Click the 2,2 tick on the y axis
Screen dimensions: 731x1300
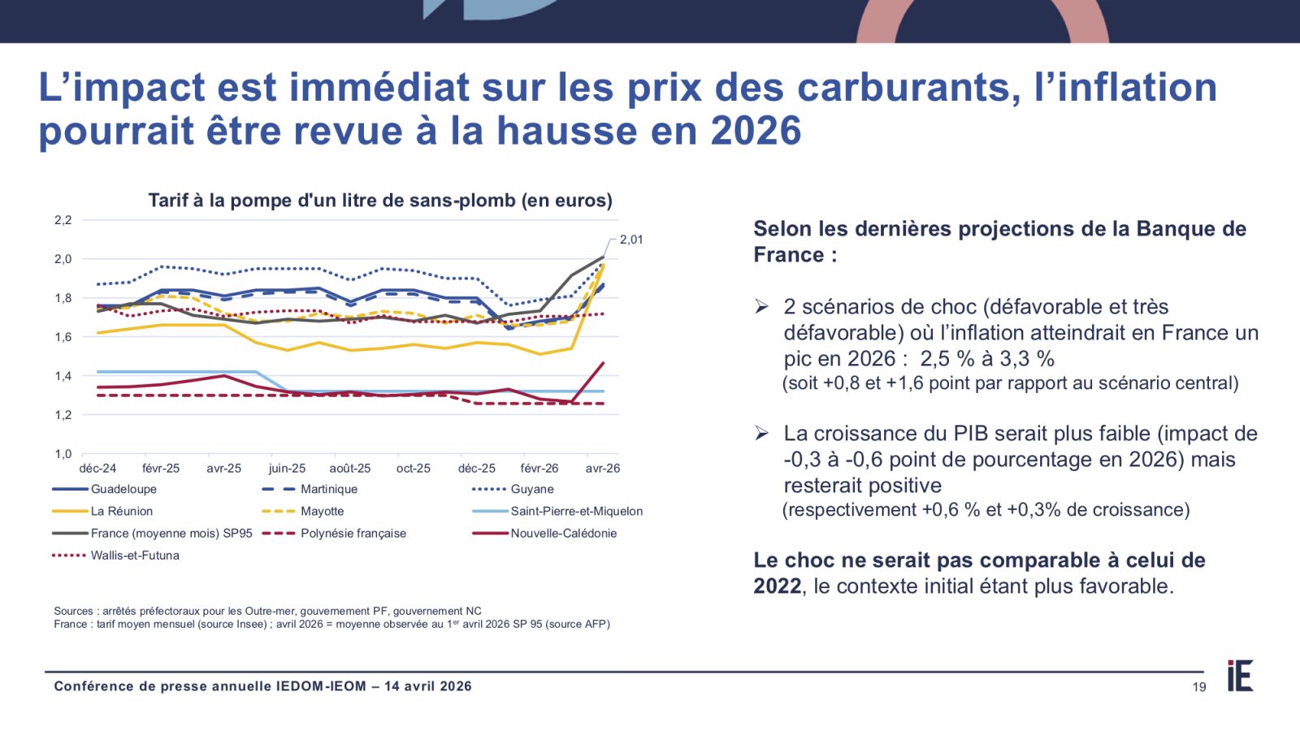pos(63,220)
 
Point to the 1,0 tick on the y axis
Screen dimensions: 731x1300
pos(63,454)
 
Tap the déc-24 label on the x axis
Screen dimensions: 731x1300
pos(97,469)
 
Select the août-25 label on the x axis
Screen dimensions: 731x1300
pos(350,469)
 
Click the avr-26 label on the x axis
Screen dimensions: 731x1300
pos(603,469)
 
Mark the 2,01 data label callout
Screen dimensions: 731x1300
pos(631,240)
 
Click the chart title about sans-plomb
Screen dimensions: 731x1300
pos(380,201)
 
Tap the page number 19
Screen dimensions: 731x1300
pos(1199,687)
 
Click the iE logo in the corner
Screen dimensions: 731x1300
pos(1240,676)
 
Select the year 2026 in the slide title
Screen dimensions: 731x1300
pos(756,131)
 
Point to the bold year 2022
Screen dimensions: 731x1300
pos(777,586)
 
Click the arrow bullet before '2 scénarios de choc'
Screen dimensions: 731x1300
pos(761,306)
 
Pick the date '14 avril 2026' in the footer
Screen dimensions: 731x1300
pos(428,686)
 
